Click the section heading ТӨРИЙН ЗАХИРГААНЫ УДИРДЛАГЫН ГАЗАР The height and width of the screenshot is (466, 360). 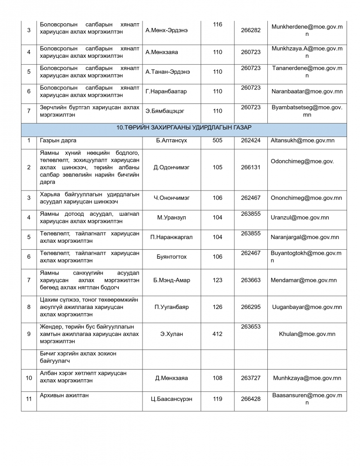184,127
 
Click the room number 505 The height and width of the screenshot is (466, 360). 217,140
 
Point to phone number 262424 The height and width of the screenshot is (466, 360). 251,140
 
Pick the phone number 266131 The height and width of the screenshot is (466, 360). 251,167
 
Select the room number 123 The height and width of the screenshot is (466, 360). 217,280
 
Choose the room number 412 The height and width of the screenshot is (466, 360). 217,334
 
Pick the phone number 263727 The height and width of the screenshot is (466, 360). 251,378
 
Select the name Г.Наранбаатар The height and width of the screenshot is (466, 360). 166,91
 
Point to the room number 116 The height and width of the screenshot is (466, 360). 217,24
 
